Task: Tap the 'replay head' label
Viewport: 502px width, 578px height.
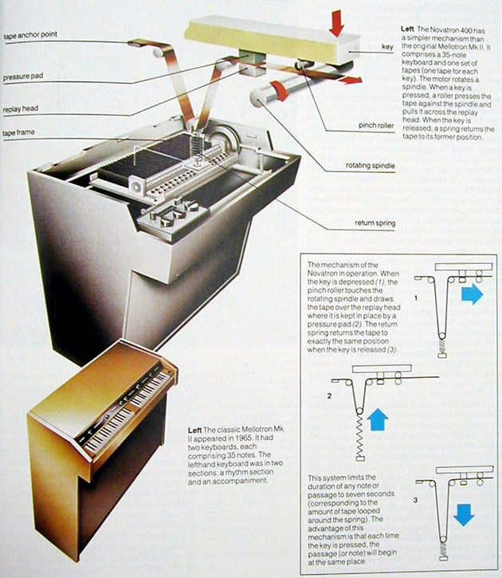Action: pyautogui.click(x=22, y=105)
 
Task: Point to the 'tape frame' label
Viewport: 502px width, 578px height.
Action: pyautogui.click(x=20, y=132)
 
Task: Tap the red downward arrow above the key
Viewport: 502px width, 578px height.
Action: pyautogui.click(x=336, y=23)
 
